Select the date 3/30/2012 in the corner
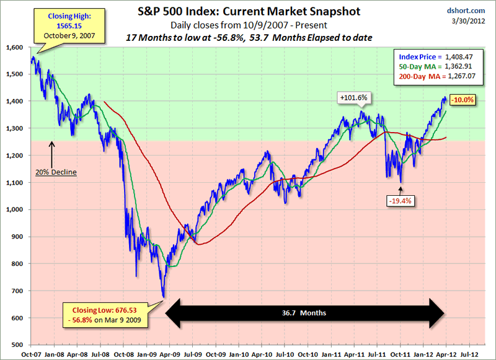[x=474, y=22]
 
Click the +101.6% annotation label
[x=354, y=97]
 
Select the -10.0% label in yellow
[x=463, y=100]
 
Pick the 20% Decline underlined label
[x=55, y=172]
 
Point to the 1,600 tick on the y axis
[x=14, y=48]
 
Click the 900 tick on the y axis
[x=17, y=237]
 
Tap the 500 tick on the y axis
[x=17, y=345]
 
